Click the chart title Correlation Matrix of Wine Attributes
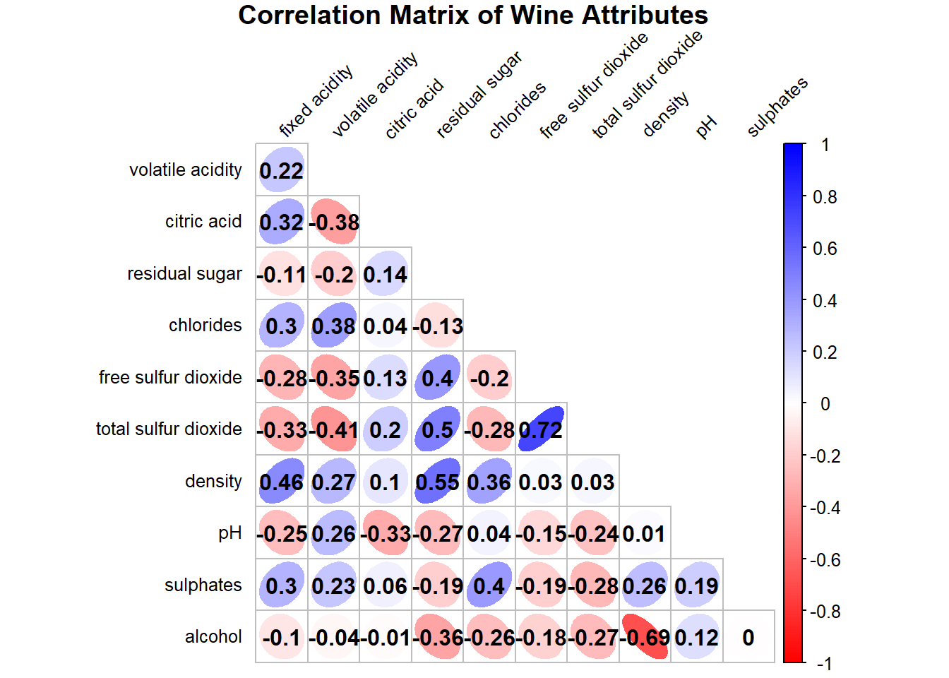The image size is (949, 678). coord(473,16)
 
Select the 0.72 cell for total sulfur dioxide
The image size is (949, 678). coord(541,429)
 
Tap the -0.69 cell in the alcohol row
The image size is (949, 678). coord(645,637)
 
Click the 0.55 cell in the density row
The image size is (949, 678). coord(437,482)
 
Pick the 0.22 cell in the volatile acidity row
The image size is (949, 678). coord(281,170)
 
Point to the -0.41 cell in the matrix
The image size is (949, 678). coord(333,429)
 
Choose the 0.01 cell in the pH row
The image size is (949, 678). coord(645,533)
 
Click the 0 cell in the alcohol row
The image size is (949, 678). coord(748,637)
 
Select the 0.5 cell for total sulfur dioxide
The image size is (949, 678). coord(437,429)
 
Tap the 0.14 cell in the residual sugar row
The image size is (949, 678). coord(386,274)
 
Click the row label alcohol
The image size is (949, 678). coord(213,636)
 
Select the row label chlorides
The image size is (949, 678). coord(205,325)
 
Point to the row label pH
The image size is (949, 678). coord(230,533)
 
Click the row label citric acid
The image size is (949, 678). coord(203,221)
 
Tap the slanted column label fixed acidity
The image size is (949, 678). coord(315,101)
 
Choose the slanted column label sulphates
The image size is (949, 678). coord(777,107)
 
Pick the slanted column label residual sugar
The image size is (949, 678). coord(478,94)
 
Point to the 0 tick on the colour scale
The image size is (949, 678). coord(825,404)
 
